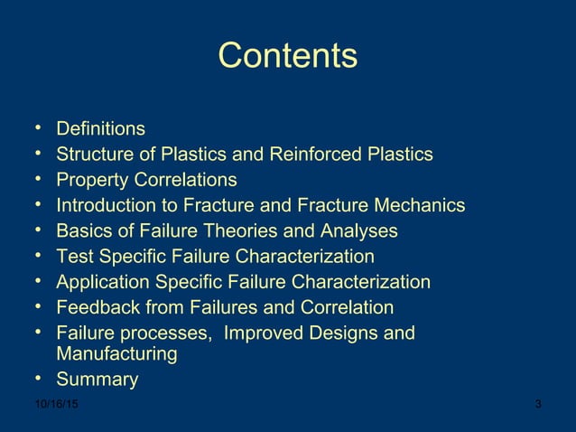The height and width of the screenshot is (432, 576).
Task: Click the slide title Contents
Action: [287, 56]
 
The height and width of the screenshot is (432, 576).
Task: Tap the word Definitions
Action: [100, 129]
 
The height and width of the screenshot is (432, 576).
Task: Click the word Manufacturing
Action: [116, 353]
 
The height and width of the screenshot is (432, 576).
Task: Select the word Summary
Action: [98, 380]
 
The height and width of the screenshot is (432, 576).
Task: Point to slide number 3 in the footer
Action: [538, 404]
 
